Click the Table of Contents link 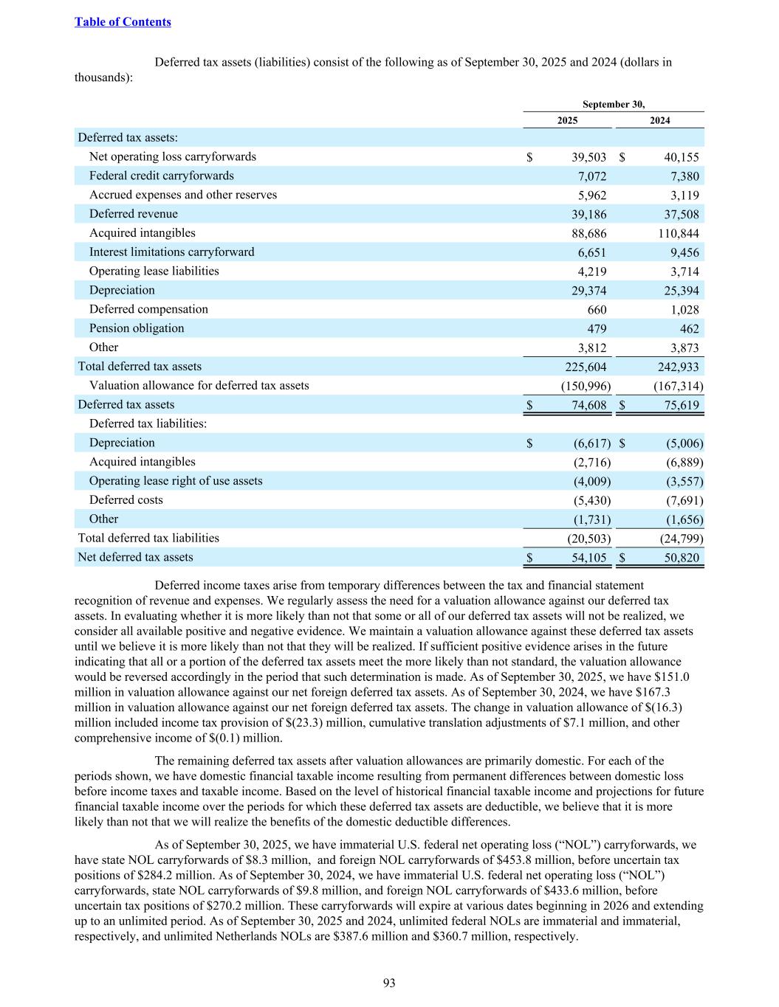(123, 22)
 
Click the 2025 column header (567, 121)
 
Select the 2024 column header (659, 121)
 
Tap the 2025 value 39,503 (588, 157)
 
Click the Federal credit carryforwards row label (161, 176)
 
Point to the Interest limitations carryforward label (171, 252)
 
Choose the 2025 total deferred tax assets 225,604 (585, 367)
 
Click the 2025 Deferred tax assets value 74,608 (588, 405)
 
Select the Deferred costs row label (126, 500)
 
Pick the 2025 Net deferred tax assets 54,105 (588, 558)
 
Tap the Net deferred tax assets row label (135, 558)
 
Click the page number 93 (389, 983)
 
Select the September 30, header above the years (613, 105)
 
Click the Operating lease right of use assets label (176, 481)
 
